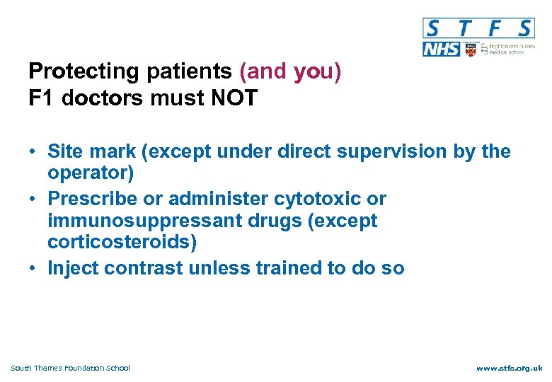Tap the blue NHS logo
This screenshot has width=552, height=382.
coord(441,49)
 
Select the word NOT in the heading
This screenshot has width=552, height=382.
coord(234,98)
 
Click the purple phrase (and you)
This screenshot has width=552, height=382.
coord(291,71)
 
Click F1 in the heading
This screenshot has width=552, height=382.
coord(42,98)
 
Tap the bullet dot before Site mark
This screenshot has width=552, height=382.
coord(33,152)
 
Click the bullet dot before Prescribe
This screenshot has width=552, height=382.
coord(33,199)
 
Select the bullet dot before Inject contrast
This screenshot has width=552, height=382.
coord(33,268)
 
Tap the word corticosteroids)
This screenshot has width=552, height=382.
coord(122,243)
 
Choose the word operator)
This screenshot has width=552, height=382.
coord(91,173)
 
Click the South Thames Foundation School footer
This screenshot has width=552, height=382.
coord(70,368)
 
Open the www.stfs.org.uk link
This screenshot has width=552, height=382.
coord(509,368)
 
